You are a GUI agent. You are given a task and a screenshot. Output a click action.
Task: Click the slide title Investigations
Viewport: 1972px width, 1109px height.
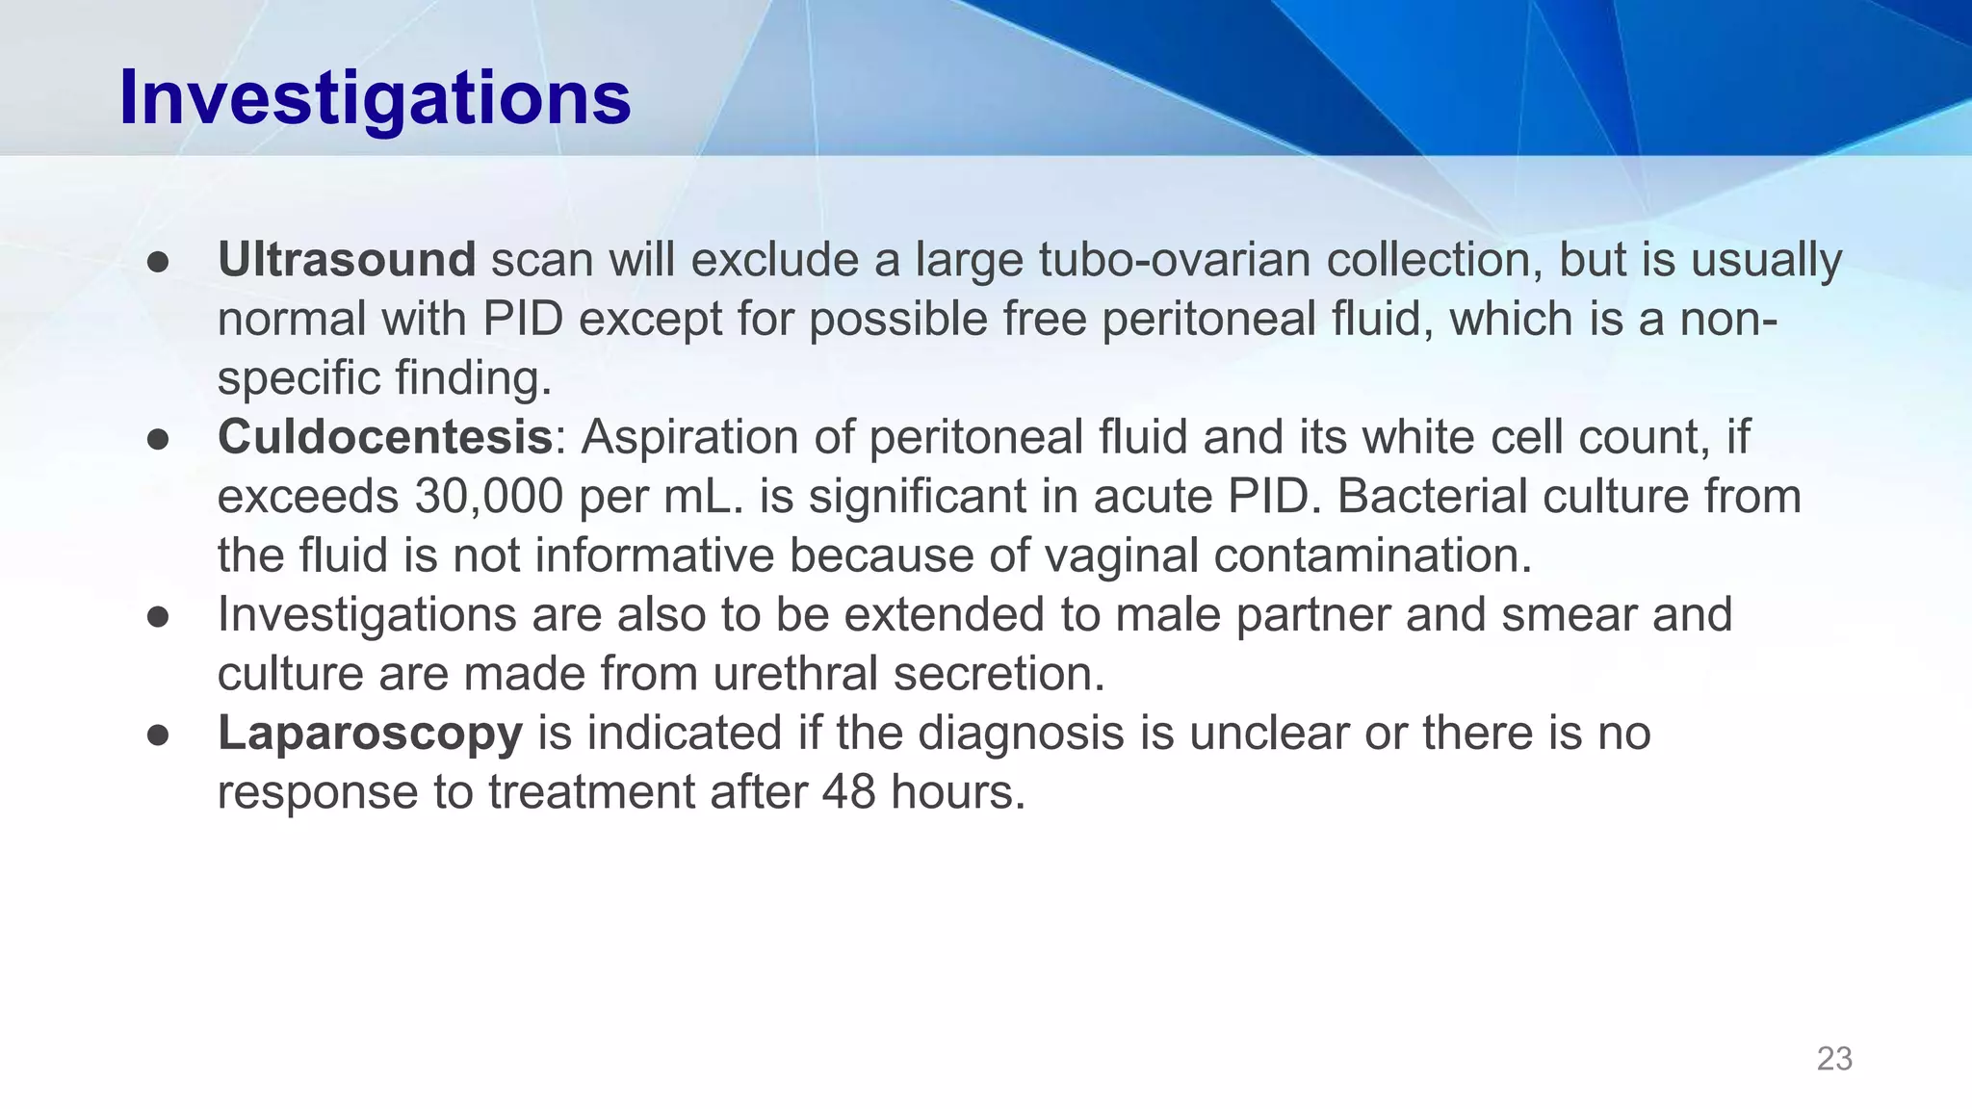[375, 99]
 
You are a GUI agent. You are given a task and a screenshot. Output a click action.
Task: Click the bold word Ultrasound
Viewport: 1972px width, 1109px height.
[347, 260]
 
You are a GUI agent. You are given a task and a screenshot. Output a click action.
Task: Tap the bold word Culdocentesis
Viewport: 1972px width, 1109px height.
[385, 437]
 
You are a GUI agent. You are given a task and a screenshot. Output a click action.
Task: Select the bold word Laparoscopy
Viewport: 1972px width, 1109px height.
[370, 733]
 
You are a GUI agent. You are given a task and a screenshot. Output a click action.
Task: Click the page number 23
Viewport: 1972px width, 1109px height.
[1834, 1059]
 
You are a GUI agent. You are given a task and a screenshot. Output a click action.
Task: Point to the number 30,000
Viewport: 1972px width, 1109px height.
[489, 497]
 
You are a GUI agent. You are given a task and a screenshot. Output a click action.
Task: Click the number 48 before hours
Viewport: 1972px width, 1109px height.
[848, 792]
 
